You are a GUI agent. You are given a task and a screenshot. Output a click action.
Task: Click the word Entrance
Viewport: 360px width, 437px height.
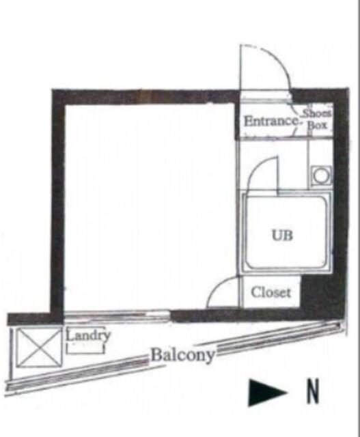click(271, 122)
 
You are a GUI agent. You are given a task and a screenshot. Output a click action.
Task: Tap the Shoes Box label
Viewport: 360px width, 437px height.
click(317, 119)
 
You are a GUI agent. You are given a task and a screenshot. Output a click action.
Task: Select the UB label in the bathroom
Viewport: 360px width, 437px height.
click(282, 235)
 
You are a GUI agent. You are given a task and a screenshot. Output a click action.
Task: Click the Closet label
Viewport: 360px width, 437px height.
click(271, 292)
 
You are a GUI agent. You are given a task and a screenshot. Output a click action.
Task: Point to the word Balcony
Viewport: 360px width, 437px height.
click(182, 355)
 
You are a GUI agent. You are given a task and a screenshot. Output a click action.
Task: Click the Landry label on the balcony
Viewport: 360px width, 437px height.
click(88, 335)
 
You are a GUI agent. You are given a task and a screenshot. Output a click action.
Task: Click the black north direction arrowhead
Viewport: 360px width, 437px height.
click(267, 392)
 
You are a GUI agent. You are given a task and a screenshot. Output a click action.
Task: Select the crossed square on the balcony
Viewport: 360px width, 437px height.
click(39, 348)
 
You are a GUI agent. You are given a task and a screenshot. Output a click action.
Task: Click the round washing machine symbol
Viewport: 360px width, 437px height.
click(321, 175)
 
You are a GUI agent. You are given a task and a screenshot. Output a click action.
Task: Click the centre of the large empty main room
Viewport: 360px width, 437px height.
click(149, 206)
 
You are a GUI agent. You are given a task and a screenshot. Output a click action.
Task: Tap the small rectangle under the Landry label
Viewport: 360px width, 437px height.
click(85, 348)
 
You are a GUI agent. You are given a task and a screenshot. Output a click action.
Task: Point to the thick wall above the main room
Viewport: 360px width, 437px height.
click(145, 97)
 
